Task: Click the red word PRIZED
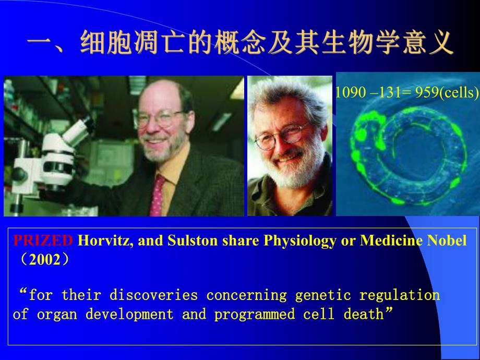coord(43,241)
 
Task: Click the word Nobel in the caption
coord(449,241)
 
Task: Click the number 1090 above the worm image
coord(346,93)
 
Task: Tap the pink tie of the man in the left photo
coord(157,193)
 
